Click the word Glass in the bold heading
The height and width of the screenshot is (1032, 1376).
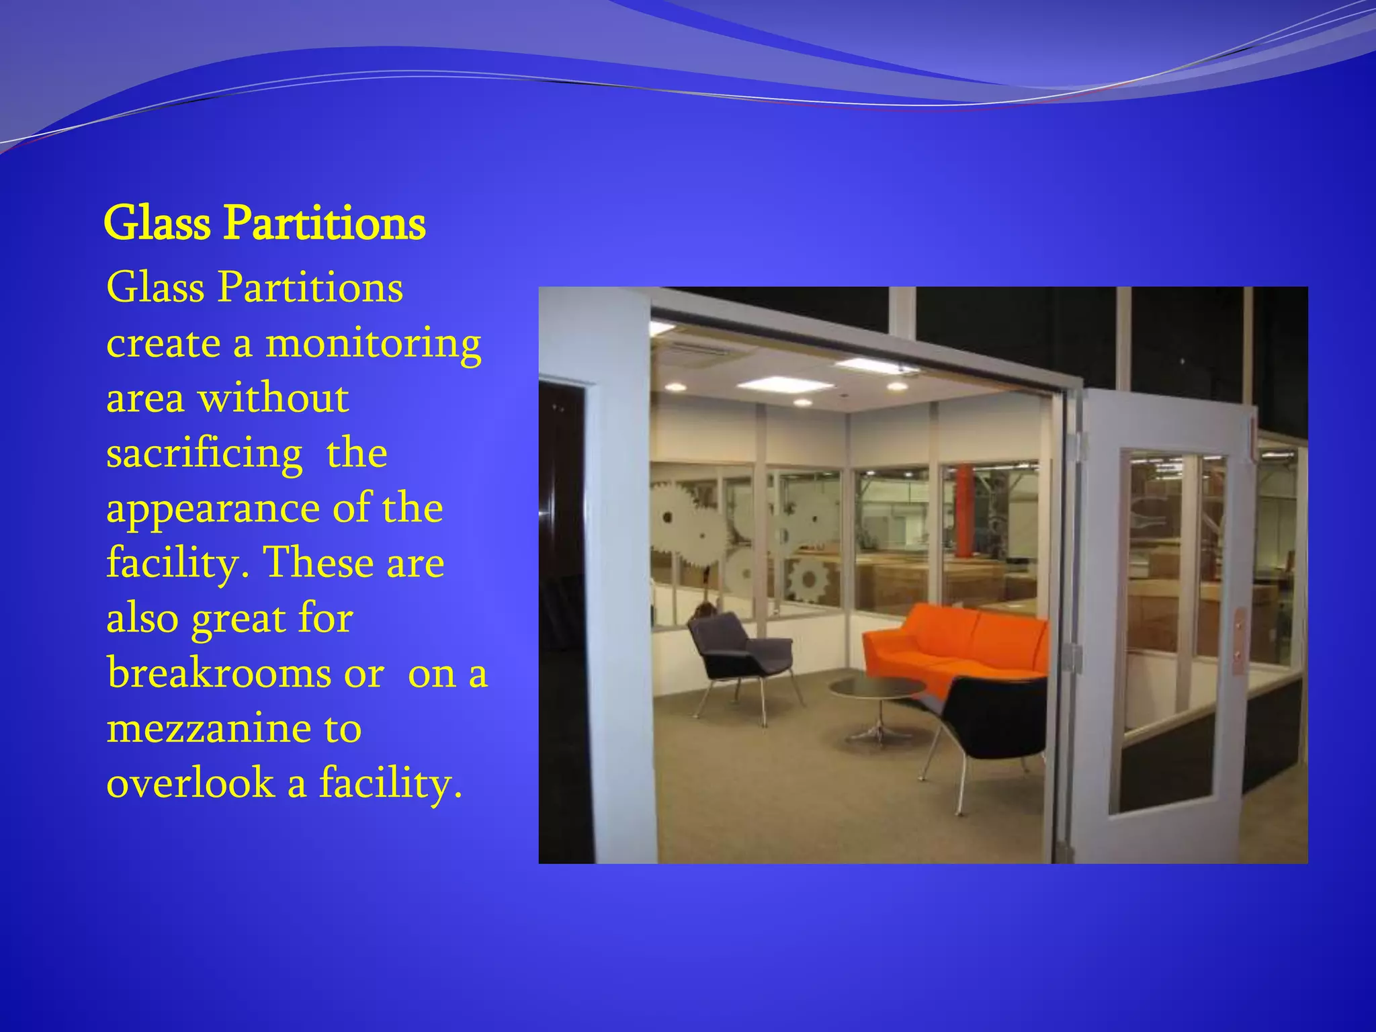coord(157,223)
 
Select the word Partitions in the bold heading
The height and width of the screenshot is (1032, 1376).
coord(325,223)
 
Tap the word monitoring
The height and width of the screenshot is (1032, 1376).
coord(373,344)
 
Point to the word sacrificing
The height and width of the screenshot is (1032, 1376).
coord(204,454)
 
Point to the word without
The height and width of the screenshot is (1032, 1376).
coord(273,398)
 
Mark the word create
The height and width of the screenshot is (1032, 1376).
coord(163,344)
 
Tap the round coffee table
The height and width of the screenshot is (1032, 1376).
coord(877,692)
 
